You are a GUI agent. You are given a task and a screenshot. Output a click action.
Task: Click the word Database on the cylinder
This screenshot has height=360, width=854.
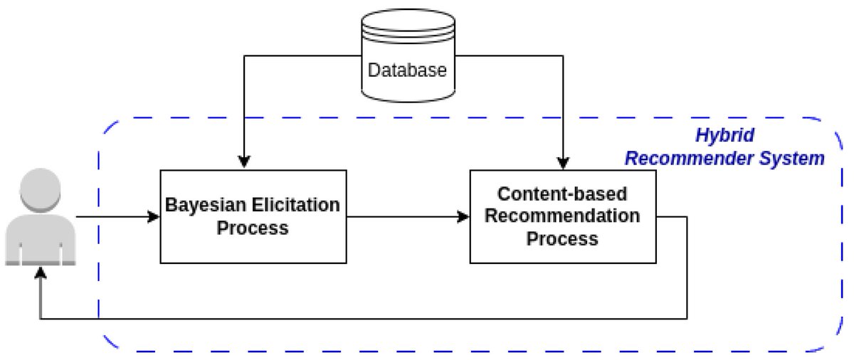pyautogui.click(x=407, y=70)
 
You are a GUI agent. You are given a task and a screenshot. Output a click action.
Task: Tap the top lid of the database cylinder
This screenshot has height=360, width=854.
pyautogui.click(x=408, y=21)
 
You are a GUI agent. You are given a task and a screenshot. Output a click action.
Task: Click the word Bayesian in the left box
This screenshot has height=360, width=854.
pyautogui.click(x=206, y=206)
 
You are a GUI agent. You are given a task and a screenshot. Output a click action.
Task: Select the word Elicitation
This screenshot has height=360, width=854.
pyautogui.click(x=296, y=205)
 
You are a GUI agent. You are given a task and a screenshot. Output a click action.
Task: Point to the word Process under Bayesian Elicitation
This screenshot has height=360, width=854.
pyautogui.click(x=253, y=228)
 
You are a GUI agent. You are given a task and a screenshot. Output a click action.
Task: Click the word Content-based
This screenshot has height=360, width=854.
pyautogui.click(x=562, y=194)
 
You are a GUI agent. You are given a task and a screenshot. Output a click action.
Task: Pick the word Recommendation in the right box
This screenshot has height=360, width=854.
pyautogui.click(x=562, y=216)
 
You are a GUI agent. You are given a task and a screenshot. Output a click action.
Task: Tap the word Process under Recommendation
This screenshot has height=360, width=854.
pyautogui.click(x=562, y=239)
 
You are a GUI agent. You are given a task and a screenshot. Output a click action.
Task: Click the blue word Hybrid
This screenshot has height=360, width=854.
pyautogui.click(x=724, y=136)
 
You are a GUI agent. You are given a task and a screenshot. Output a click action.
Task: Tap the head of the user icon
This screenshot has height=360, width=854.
pyautogui.click(x=40, y=190)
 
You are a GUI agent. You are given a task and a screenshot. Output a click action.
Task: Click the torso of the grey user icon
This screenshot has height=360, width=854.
pyautogui.click(x=41, y=239)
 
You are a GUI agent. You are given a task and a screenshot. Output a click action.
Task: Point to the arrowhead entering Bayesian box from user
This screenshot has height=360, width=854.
pyautogui.click(x=154, y=217)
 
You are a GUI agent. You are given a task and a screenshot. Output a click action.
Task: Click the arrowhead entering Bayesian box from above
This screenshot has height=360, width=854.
pyautogui.click(x=244, y=162)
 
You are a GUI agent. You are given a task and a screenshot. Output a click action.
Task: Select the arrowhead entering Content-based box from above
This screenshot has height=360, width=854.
pyautogui.click(x=563, y=163)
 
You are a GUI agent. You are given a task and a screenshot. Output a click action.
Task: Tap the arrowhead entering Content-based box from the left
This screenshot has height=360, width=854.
pyautogui.click(x=463, y=217)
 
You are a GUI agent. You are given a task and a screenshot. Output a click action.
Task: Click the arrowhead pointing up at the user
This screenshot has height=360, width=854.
pyautogui.click(x=41, y=272)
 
